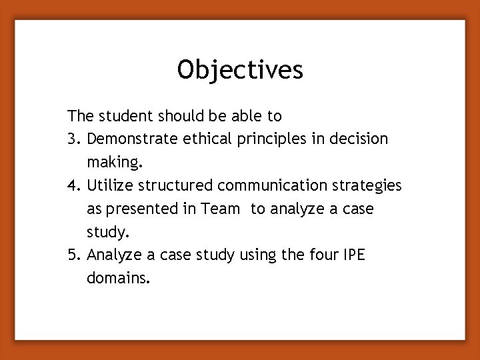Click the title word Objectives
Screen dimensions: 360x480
tap(240, 70)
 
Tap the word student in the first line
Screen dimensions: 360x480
tap(123, 116)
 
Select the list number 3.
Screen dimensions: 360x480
tap(74, 139)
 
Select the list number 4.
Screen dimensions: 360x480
tap(74, 185)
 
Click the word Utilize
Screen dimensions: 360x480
tap(108, 185)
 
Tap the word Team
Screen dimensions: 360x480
tap(221, 209)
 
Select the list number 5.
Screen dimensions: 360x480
tap(74, 255)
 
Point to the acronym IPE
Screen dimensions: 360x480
tap(355, 255)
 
